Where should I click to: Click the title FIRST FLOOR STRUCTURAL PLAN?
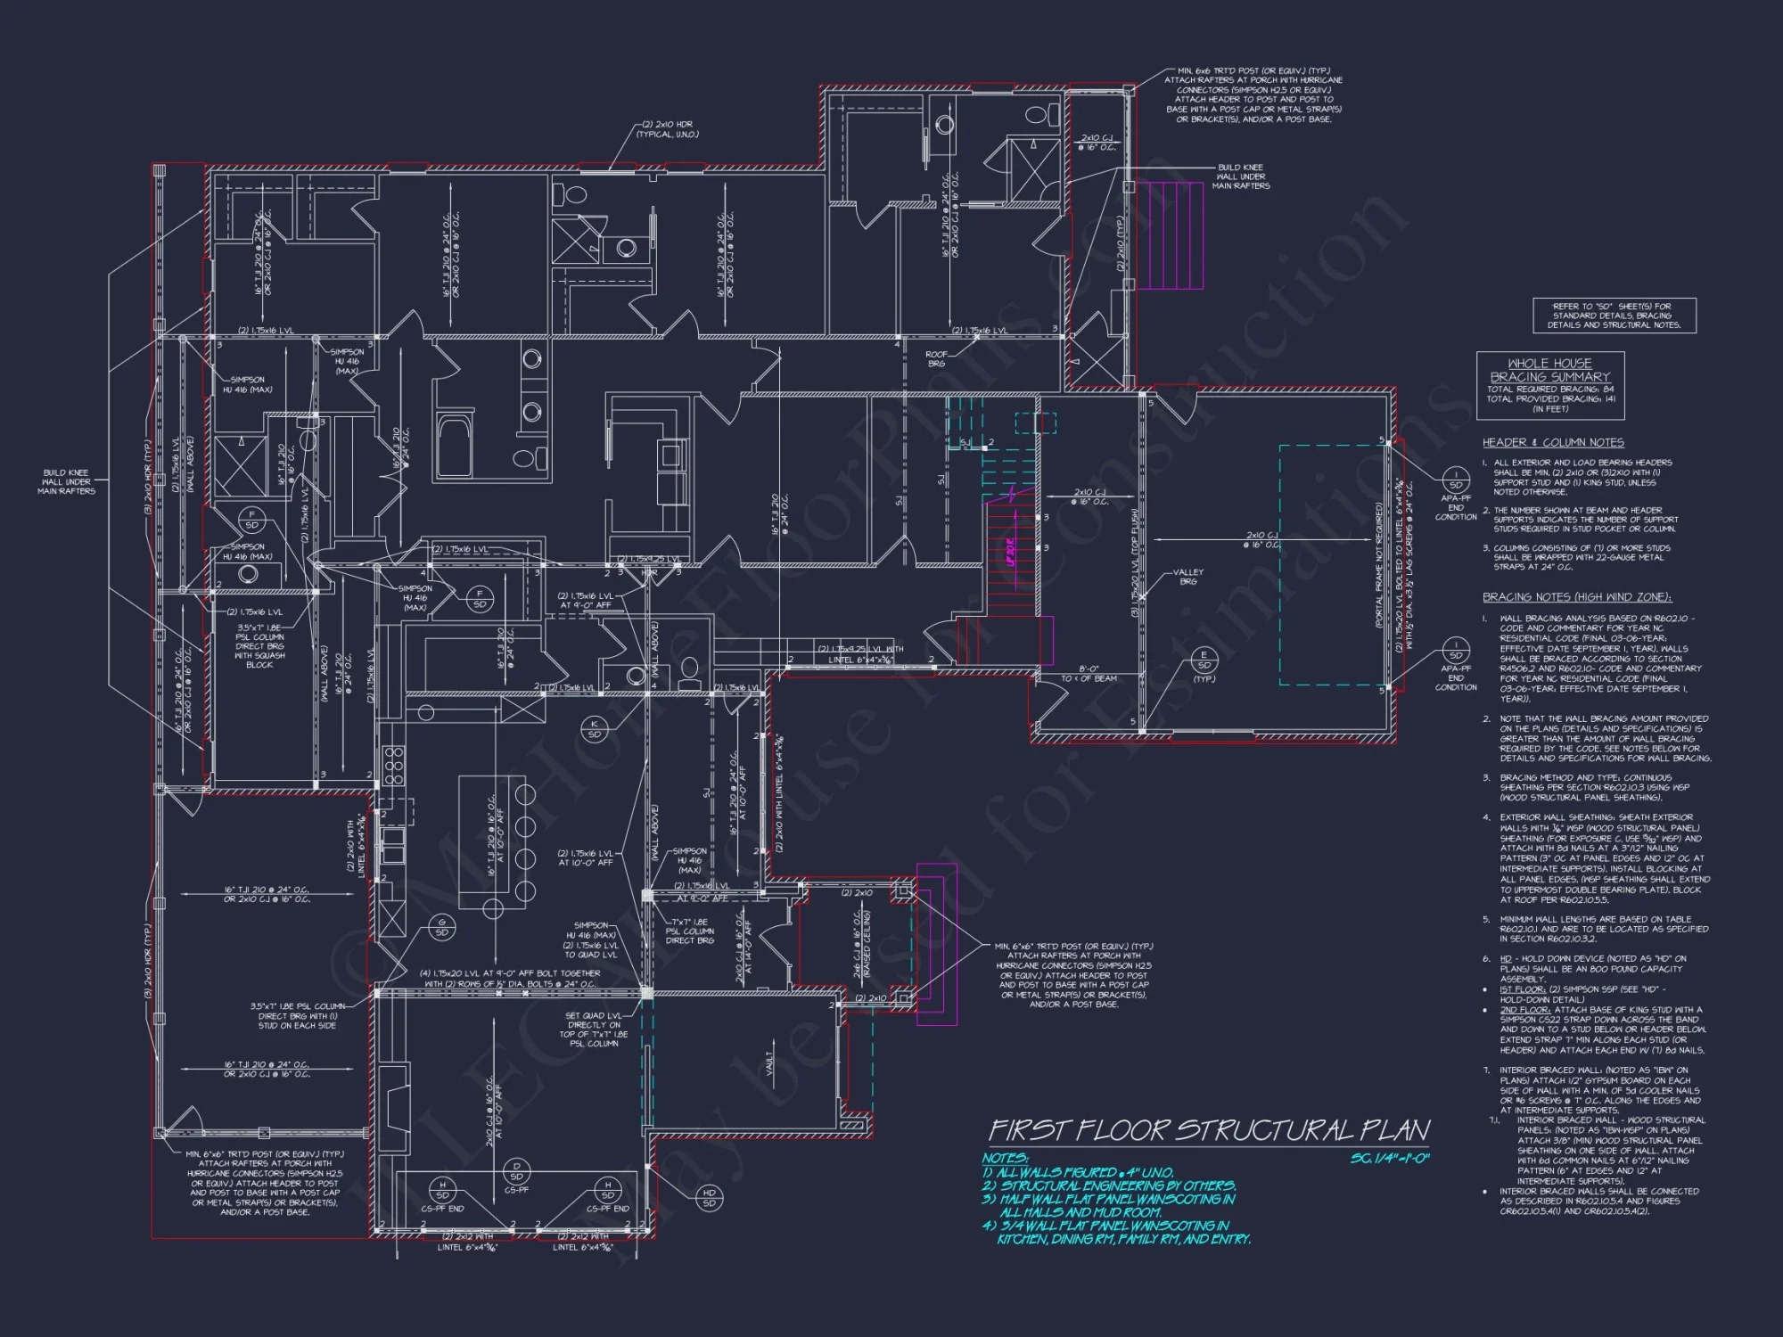1209,1131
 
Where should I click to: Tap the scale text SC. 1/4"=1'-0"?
1390,1158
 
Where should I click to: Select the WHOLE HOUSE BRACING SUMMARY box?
1550,386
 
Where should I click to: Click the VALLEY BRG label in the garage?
1187,577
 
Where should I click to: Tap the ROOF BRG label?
936,358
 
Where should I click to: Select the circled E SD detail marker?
1204,660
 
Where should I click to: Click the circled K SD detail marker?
594,728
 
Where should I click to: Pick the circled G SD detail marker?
441,927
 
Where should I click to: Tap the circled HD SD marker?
710,1197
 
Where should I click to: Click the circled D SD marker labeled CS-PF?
516,1170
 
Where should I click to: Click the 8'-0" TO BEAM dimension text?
1088,673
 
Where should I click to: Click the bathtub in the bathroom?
456,446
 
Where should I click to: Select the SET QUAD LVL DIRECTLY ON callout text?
595,1029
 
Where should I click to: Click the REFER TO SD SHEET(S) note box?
1615,316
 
